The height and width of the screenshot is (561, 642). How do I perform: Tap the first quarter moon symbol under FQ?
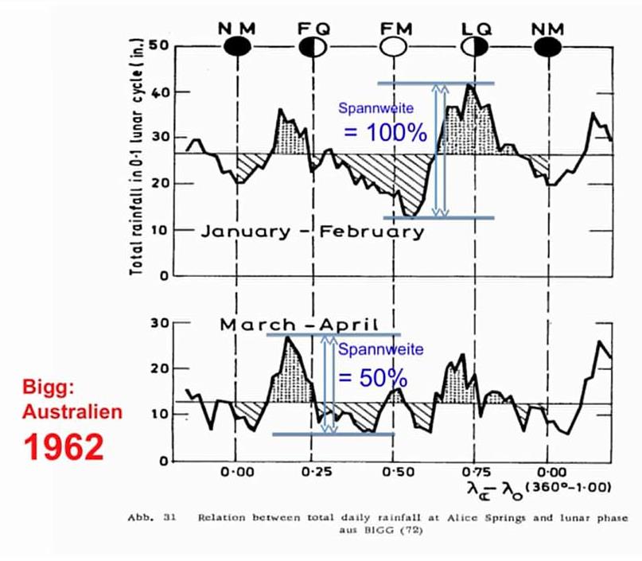(312, 48)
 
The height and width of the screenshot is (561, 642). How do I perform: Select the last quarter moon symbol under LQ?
(474, 48)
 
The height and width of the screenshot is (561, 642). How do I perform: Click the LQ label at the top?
(477, 29)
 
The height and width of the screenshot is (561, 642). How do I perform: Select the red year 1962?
(62, 446)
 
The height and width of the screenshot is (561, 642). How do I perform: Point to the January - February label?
(312, 232)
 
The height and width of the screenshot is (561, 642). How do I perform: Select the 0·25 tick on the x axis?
(314, 472)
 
